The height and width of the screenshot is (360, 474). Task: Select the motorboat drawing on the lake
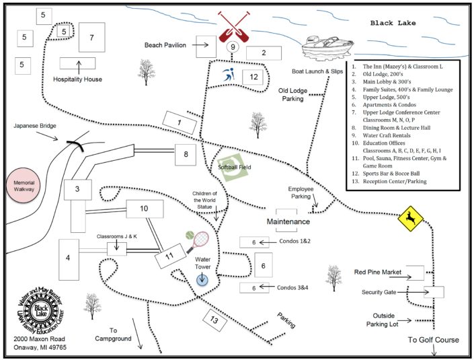tap(326, 46)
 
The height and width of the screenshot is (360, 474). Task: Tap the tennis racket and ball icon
tap(198, 239)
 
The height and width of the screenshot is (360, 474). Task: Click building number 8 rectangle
tap(185, 154)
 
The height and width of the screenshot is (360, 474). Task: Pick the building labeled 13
tap(214, 321)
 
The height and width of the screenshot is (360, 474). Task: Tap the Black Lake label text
tap(393, 23)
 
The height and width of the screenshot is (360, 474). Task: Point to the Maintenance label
tap(288, 221)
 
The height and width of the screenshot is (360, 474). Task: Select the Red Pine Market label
tap(377, 273)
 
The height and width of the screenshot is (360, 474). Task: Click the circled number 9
tap(233, 47)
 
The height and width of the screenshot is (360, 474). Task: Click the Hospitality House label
tap(77, 79)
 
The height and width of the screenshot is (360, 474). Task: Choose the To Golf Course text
tap(433, 340)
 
